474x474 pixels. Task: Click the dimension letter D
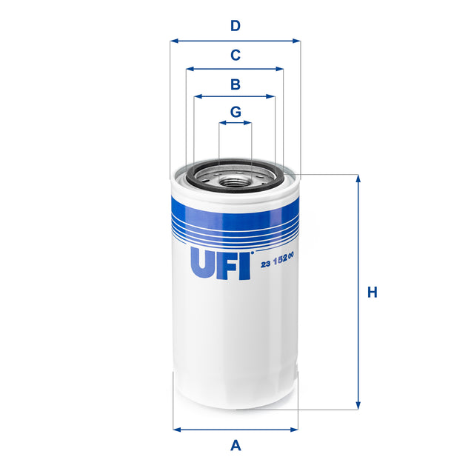[235, 26]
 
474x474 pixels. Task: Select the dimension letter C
[235, 55]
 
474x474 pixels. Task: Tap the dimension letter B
[235, 84]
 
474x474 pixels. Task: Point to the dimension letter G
[235, 112]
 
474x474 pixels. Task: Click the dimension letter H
[373, 293]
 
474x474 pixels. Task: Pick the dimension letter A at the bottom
[236, 445]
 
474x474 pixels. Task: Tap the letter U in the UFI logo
[204, 263]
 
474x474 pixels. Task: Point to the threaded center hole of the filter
[235, 177]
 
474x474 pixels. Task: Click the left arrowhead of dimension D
[173, 41]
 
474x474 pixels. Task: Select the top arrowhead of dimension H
[358, 178]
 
